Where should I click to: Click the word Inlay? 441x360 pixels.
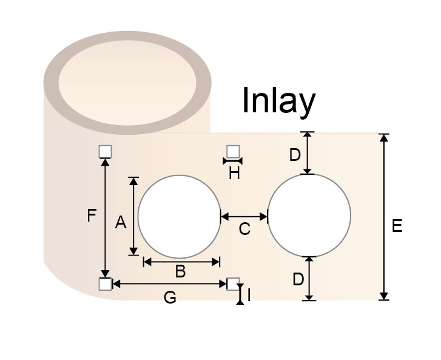click(x=278, y=101)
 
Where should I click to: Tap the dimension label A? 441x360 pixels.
click(x=120, y=223)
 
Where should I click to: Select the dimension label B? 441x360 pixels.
click(x=180, y=272)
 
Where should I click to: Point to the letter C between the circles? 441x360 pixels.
click(x=244, y=229)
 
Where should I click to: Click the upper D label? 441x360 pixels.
click(x=295, y=155)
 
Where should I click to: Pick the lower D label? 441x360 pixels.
click(x=298, y=280)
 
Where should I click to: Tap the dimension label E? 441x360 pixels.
click(x=397, y=226)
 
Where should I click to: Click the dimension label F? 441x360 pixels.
click(x=92, y=216)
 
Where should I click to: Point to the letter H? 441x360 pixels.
click(x=234, y=174)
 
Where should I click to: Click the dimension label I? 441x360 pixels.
click(x=249, y=296)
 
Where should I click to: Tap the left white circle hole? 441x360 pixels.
click(x=179, y=216)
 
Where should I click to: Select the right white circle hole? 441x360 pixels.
click(x=309, y=216)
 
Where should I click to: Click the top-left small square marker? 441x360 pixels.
click(x=105, y=151)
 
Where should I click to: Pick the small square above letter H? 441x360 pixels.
click(x=233, y=151)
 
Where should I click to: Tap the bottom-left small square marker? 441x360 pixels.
click(x=105, y=284)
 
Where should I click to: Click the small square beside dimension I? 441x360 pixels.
click(x=233, y=284)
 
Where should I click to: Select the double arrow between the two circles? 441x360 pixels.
click(x=244, y=216)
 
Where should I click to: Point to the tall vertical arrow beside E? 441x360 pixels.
click(x=383, y=217)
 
